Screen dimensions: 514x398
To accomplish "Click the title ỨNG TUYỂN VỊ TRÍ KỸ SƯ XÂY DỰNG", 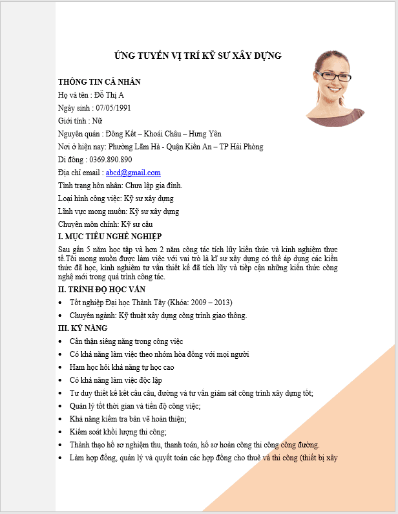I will [198, 56].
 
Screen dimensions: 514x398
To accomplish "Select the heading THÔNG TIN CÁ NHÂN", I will [99, 82].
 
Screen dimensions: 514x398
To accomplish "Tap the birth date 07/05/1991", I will [112, 108].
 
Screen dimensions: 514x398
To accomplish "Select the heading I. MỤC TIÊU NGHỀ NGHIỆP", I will [110, 236].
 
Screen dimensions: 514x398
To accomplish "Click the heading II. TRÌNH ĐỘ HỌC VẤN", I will [101, 290].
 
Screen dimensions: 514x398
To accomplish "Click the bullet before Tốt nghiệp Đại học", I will [61, 303].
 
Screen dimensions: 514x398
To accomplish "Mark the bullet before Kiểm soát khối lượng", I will [61, 432].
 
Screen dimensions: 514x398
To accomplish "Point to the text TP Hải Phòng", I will [240, 147].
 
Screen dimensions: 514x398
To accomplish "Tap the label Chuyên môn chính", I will [83, 224].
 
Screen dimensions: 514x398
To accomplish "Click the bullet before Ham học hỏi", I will [61, 367].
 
